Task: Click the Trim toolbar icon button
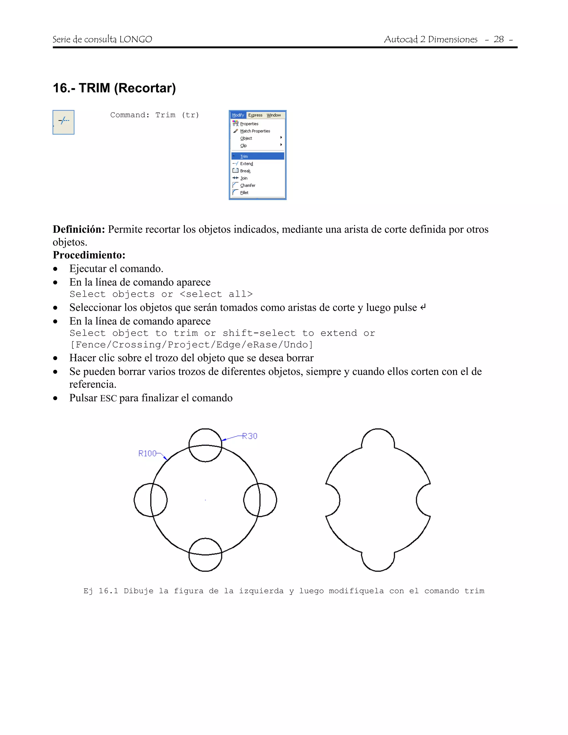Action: tap(63, 122)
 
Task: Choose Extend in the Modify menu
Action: tap(246, 164)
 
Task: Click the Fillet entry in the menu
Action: tap(244, 192)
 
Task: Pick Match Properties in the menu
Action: tap(255, 131)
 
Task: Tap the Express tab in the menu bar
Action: tap(255, 115)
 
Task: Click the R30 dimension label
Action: tap(250, 436)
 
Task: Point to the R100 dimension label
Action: tap(147, 453)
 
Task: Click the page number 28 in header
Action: tap(498, 39)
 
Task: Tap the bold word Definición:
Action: tap(79, 229)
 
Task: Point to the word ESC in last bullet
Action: tap(108, 398)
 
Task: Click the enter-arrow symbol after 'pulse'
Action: tap(423, 307)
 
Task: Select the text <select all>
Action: tap(216, 294)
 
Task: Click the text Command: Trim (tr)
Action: tap(154, 115)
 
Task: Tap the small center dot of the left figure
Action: tap(205, 500)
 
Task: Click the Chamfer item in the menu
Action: tap(248, 186)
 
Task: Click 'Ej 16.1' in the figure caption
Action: tap(101, 591)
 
